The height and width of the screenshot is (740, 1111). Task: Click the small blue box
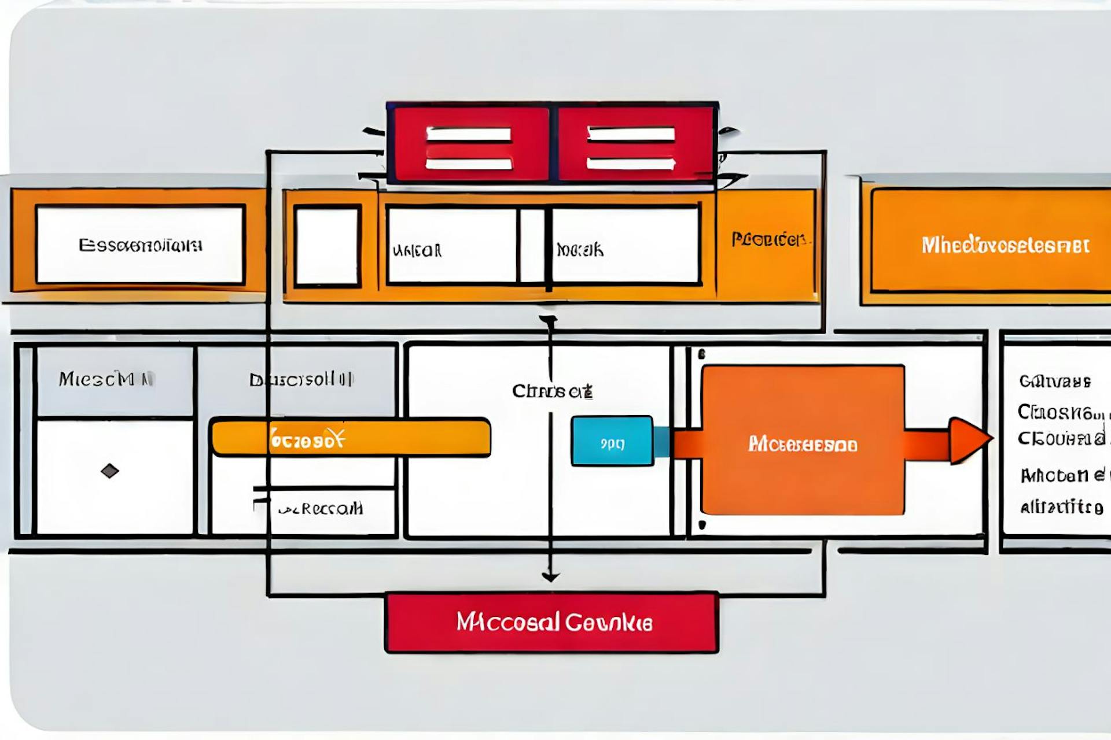[612, 441]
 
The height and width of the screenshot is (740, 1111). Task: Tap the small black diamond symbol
[110, 471]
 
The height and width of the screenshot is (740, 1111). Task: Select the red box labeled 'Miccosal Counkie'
[552, 623]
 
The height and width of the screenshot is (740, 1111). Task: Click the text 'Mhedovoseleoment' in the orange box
[1005, 245]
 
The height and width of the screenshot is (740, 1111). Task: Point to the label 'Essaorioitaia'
[141, 245]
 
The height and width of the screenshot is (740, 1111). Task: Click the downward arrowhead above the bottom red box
[550, 576]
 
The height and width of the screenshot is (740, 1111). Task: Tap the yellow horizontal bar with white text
[351, 438]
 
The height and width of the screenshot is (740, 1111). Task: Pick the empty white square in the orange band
[327, 247]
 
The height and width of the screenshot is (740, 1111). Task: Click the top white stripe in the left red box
[469, 135]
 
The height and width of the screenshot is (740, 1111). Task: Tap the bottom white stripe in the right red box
[631, 164]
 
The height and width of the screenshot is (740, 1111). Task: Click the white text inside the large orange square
[803, 444]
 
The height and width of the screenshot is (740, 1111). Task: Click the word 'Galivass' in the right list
[1054, 382]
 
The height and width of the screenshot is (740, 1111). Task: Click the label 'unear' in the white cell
[417, 250]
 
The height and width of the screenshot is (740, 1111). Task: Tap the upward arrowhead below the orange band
[549, 320]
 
